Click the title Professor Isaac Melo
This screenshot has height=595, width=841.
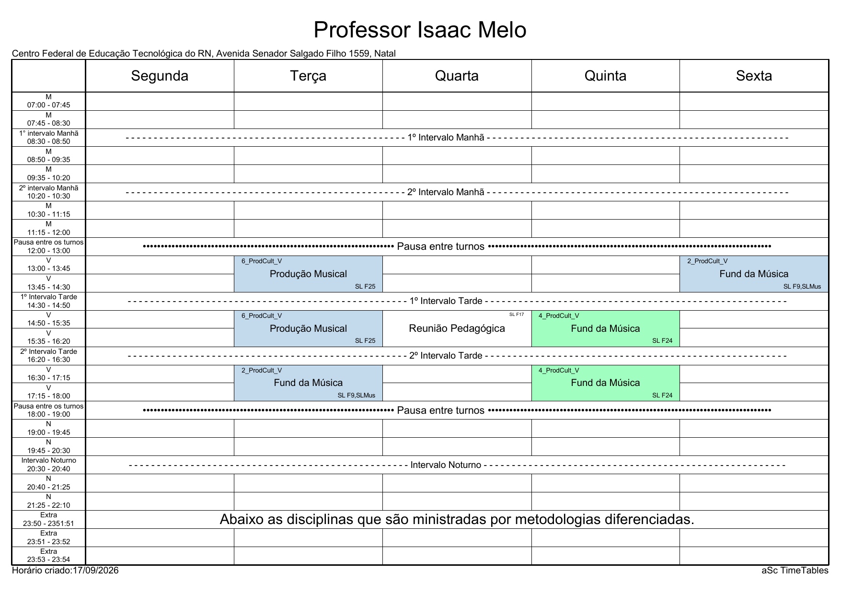click(420, 30)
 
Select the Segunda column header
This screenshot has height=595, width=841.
click(160, 76)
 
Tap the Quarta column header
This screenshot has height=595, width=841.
click(457, 76)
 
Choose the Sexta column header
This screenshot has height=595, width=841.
click(754, 76)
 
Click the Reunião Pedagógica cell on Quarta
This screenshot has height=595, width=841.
click(457, 328)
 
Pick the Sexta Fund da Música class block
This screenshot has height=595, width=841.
click(754, 274)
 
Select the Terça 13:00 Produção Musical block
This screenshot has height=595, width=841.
click(308, 274)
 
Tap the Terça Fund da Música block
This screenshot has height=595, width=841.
click(308, 383)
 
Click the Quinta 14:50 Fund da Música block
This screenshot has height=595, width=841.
click(605, 328)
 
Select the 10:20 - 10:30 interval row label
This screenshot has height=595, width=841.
click(48, 192)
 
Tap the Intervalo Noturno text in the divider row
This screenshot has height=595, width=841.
click(446, 465)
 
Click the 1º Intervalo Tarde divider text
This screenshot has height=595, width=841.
click(446, 301)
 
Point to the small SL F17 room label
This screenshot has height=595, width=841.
click(517, 315)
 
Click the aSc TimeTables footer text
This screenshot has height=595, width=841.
click(795, 571)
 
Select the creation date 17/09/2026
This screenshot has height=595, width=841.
click(95, 571)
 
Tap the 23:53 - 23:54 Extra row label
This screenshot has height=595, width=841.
click(48, 556)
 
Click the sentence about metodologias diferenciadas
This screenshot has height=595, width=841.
click(457, 519)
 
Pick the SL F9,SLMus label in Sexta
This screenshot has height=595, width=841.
click(802, 287)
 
